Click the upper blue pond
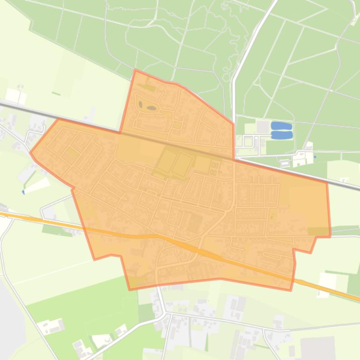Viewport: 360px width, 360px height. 281,126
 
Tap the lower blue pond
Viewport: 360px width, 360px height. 282,135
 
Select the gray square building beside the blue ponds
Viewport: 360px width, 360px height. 263,127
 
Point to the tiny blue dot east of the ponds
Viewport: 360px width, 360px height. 315,157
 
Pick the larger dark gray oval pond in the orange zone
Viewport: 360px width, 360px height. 151,108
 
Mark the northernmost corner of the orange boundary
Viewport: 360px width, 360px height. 135,70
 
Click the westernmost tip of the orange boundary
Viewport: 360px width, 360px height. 30,152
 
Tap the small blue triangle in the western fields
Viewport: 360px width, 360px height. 23,192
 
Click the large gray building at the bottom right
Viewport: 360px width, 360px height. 318,348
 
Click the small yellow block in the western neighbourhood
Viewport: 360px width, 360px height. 72,151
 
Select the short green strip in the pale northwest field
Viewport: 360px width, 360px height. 56,94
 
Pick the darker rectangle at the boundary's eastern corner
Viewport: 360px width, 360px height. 319,231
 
